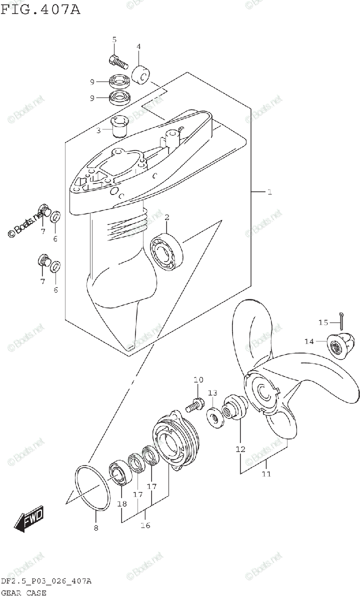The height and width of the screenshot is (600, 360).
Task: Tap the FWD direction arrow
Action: point(29,518)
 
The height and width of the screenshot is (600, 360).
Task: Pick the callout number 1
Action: point(269,191)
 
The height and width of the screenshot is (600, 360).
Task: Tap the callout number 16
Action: point(145,525)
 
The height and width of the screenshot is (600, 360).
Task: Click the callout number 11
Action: point(266,473)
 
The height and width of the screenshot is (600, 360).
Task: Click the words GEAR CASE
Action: point(23,593)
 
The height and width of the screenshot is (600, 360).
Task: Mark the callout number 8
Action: point(96,528)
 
